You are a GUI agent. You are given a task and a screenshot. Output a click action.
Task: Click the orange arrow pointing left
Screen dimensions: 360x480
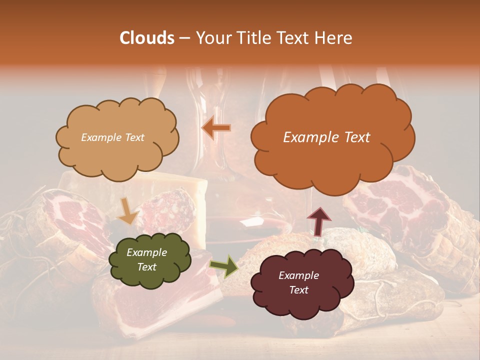point(216,128)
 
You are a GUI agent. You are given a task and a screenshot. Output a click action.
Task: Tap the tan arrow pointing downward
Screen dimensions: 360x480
point(127,211)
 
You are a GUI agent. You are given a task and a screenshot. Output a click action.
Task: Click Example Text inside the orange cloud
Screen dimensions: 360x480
point(326,137)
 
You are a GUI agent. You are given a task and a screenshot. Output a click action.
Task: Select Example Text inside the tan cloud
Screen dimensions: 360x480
point(112,137)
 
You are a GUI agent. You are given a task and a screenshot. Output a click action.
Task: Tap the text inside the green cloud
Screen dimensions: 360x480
point(146,260)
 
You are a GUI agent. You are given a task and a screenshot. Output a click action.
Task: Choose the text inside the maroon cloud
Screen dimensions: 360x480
point(298,283)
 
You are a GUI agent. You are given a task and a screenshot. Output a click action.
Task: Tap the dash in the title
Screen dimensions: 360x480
point(184,38)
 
